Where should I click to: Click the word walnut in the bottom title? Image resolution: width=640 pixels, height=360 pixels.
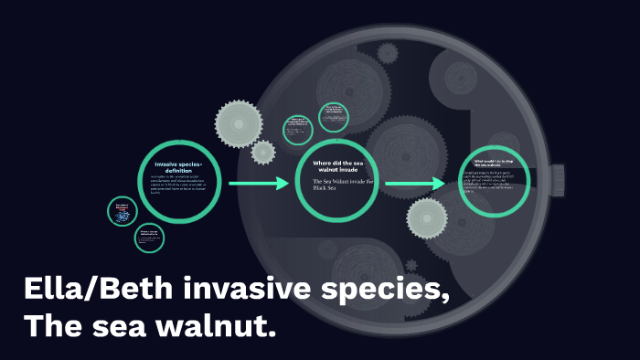pyautogui.click(x=219, y=324)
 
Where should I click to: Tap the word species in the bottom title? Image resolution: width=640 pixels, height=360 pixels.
pyautogui.click(x=376, y=291)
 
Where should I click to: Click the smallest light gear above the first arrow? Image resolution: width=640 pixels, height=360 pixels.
pyautogui.click(x=263, y=152)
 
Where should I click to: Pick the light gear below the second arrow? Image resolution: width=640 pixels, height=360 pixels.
pyautogui.click(x=427, y=217)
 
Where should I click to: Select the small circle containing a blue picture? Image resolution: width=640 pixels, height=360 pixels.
pyautogui.click(x=122, y=212)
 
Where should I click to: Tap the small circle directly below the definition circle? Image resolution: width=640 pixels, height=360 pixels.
pyautogui.click(x=149, y=238)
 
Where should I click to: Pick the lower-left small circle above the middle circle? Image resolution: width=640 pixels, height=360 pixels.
pyautogui.click(x=297, y=130)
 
